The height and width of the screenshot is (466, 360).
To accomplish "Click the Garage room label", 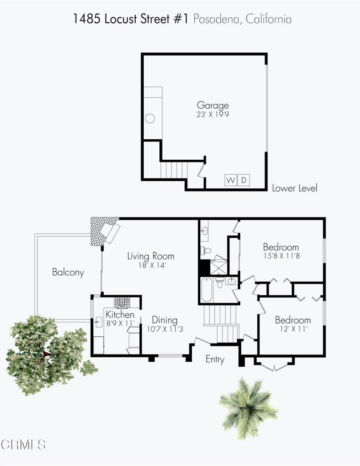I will point(213,106).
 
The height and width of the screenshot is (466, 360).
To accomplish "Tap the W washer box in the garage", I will point(231,180).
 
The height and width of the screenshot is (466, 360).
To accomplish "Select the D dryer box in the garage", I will point(244,180).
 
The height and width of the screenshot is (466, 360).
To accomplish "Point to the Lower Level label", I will point(294,188).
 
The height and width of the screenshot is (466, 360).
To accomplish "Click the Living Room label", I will point(151,256).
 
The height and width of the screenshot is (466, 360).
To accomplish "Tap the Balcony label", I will point(68,273).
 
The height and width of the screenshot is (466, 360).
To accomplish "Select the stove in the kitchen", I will point(122,302).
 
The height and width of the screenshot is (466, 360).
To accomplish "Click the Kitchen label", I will point(120,314).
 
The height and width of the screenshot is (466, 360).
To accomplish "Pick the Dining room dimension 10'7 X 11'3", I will point(165,329).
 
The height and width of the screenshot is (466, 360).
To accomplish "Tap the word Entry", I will point(215,359).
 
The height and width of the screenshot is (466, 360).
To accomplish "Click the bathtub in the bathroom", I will point(206,290).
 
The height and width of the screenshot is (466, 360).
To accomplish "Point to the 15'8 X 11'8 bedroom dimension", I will point(281,256).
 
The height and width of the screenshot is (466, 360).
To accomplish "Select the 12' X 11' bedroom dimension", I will point(293,329).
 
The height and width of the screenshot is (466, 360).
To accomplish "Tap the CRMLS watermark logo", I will point(23,444).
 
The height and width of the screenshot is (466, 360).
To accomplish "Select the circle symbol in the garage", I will point(150,119).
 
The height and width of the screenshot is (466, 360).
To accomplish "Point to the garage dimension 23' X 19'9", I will point(213,115).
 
